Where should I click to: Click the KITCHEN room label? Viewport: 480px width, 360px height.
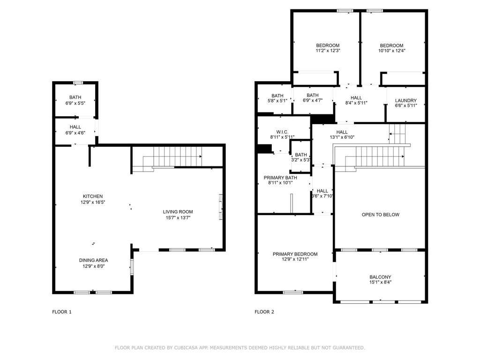[93, 196]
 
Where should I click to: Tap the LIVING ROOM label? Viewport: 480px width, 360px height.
[178, 211]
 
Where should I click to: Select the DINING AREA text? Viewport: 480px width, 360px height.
[93, 260]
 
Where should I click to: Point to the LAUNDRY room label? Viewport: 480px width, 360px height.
[406, 100]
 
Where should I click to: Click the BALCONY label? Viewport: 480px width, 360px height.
[380, 277]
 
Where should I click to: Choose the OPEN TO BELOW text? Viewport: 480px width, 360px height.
[381, 215]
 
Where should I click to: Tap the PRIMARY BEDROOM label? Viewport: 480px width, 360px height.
[295, 254]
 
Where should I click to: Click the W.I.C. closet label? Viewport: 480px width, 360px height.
[282, 132]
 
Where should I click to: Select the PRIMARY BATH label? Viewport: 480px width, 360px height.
[280, 178]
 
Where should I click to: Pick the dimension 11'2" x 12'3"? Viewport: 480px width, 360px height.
[328, 51]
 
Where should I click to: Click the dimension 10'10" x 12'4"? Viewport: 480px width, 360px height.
[392, 51]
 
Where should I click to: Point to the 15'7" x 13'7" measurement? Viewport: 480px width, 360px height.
[178, 217]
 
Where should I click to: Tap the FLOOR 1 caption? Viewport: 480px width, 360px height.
[62, 312]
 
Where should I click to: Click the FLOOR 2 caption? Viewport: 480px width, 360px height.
[264, 312]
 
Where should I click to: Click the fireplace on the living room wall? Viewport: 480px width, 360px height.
[221, 207]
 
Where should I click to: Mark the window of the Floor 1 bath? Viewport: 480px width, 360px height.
[78, 82]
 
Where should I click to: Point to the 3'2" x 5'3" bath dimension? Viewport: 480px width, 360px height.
[301, 160]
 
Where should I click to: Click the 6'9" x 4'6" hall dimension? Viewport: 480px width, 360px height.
[75, 133]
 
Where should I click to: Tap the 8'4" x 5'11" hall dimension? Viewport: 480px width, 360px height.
[356, 103]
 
